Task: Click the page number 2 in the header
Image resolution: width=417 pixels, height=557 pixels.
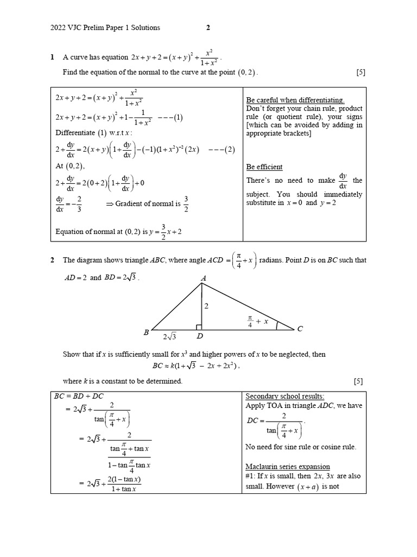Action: pos(207,28)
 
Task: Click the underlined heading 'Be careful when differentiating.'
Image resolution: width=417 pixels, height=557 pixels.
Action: pos(295,100)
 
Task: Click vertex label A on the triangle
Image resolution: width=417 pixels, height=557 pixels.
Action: pos(204,278)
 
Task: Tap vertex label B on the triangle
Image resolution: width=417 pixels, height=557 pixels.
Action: pos(146,332)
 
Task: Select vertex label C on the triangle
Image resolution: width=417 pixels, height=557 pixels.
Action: pos(300,329)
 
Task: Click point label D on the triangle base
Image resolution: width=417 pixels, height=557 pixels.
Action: pos(199,337)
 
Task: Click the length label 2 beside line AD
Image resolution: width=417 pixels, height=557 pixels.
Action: pos(206,306)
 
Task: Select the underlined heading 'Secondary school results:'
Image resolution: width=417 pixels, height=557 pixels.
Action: pos(282,396)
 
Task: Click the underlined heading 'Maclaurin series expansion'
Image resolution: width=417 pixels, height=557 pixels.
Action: pos(287,467)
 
